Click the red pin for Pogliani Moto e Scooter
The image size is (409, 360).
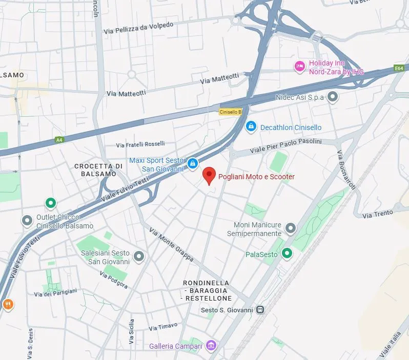(208, 175)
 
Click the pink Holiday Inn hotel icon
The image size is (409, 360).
(299, 66)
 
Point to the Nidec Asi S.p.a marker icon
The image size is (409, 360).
(333, 96)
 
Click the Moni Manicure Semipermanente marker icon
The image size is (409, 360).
(291, 228)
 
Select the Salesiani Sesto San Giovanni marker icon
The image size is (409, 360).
(139, 256)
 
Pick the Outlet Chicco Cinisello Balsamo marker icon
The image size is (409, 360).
(27, 221)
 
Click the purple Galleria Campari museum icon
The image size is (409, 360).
(210, 346)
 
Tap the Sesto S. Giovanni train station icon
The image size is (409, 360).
(261, 310)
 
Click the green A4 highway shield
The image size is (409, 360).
(59, 139)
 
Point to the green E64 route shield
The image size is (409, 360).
(399, 68)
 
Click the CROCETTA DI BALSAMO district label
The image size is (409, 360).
(98, 170)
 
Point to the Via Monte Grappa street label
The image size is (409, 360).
(171, 245)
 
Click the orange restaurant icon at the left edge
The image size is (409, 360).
(7, 304)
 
